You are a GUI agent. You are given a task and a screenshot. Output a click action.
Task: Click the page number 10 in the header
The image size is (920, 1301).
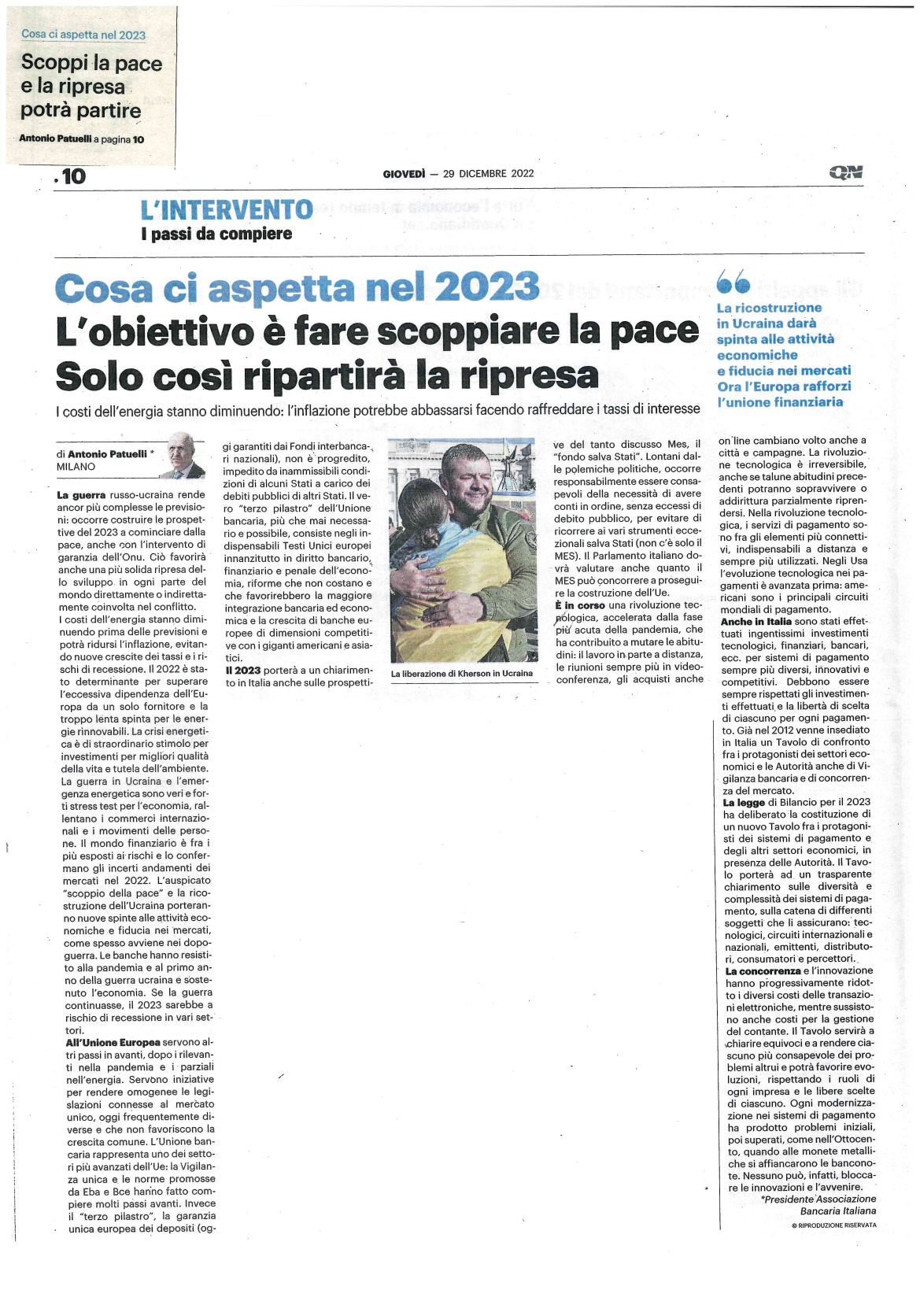[x=73, y=176]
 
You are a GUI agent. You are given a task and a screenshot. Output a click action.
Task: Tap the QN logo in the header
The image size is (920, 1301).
[x=845, y=172]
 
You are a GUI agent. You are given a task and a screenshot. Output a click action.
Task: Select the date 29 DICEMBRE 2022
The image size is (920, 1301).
[x=488, y=174]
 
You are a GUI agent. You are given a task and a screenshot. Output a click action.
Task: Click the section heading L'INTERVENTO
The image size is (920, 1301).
[x=227, y=210]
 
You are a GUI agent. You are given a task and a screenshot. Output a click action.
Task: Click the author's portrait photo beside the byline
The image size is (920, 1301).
[x=181, y=455]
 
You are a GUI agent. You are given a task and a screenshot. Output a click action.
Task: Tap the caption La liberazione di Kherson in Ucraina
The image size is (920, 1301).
[x=461, y=674]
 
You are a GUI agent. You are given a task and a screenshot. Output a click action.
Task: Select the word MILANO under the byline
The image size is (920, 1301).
[x=76, y=467]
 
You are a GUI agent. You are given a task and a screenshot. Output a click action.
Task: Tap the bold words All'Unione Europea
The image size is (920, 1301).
[x=113, y=1043]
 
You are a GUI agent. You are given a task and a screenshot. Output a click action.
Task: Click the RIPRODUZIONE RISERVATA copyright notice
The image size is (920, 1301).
[x=833, y=1225]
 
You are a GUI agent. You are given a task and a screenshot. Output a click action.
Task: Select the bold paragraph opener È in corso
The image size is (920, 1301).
[x=580, y=605]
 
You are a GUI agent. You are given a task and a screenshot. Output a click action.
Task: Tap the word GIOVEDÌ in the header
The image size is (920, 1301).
[x=404, y=174]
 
